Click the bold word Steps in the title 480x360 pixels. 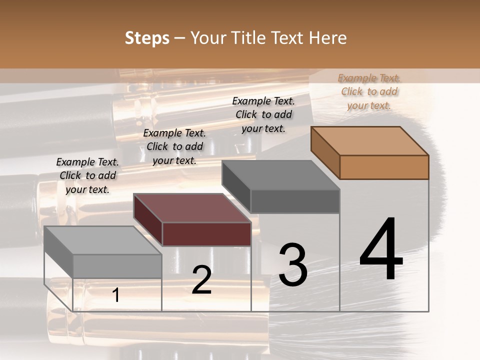(x=147, y=38)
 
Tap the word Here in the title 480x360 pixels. (x=328, y=38)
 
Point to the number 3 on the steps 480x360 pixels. (x=292, y=264)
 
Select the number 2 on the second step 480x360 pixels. (x=201, y=280)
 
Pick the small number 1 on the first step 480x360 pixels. (x=116, y=295)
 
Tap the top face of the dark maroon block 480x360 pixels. (x=192, y=208)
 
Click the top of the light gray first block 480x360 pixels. (x=103, y=240)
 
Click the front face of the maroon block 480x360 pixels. (x=207, y=234)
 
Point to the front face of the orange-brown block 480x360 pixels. (x=384, y=167)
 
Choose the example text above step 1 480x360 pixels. (x=87, y=175)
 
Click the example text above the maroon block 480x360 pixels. (x=174, y=146)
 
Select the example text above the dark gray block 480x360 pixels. (x=263, y=114)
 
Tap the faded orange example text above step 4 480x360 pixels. (x=369, y=91)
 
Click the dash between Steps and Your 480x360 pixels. (x=179, y=38)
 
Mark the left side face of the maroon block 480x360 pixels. (x=148, y=219)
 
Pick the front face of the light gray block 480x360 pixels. (x=117, y=266)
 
